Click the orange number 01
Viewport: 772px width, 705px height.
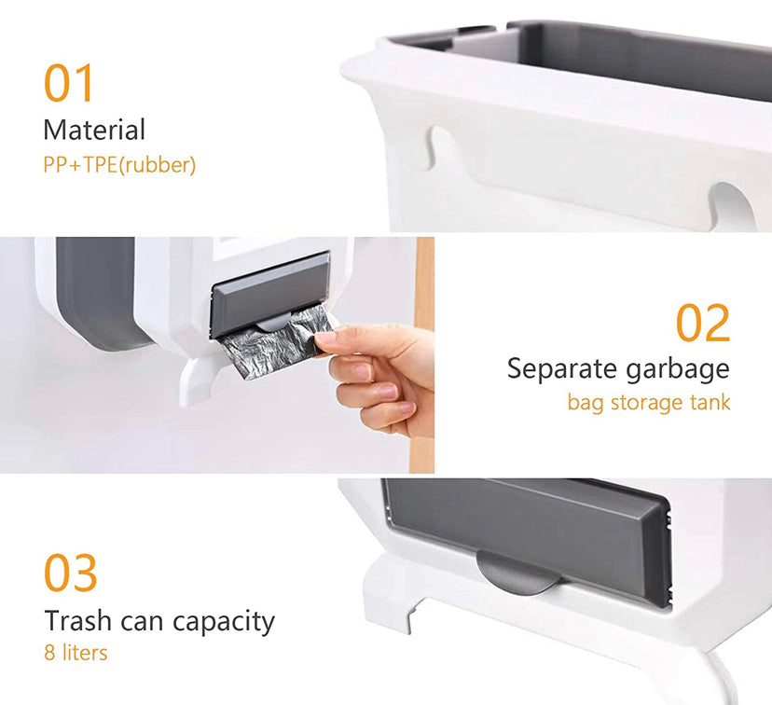click(x=70, y=83)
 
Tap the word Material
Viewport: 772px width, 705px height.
click(x=94, y=130)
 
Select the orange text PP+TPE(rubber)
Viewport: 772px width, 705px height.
click(x=119, y=165)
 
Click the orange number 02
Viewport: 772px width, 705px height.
click(x=703, y=323)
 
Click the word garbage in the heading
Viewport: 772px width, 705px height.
click(x=684, y=370)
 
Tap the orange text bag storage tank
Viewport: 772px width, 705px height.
click(x=649, y=403)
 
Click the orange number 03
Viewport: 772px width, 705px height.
click(x=71, y=573)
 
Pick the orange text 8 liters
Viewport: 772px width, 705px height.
click(x=76, y=652)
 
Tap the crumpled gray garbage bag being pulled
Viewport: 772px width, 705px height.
click(x=272, y=343)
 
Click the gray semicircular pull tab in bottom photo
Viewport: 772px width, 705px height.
click(x=518, y=571)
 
